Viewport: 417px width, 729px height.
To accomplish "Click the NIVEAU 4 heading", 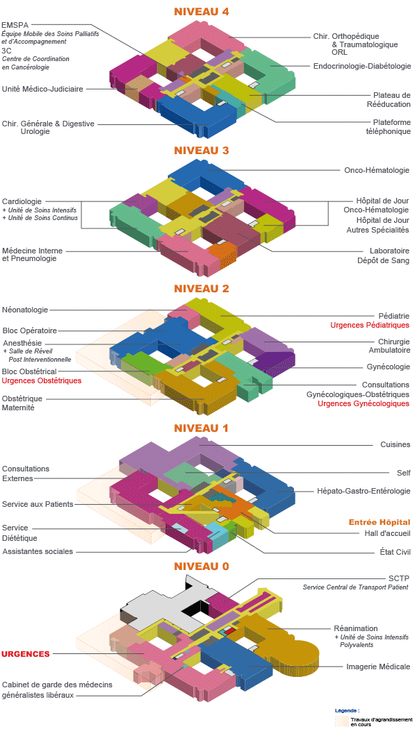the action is coord(202,12).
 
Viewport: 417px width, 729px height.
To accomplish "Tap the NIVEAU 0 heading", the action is coord(202,567).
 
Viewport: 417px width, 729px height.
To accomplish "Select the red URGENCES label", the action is coord(25,654).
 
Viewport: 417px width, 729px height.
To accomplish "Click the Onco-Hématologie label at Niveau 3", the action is coord(377,170).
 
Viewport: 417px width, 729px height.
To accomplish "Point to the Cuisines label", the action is coord(395,444).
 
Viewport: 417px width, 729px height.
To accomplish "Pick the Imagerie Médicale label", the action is coord(378,667).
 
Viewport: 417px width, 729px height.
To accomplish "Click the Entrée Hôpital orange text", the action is coord(379,523).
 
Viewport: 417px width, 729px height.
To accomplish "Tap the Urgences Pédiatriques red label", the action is coord(370,325).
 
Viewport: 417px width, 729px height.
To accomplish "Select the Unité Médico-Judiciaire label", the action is coord(43,89).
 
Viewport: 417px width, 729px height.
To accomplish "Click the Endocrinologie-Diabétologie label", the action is coord(362,66).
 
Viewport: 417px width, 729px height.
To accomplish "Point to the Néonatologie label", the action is coord(25,310).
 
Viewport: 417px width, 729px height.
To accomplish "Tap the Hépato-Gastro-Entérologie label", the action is coord(363,491).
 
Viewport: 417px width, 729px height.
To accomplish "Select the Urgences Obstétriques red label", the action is coord(42,380).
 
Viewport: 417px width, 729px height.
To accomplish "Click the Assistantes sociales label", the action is coord(38,551).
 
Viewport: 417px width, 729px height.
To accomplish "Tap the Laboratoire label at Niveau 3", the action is coord(389,251).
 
